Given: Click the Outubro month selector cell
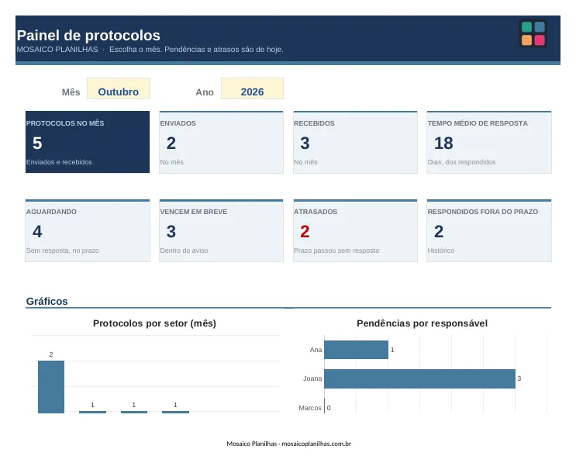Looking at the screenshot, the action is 119,88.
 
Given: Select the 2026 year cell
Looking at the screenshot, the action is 252,88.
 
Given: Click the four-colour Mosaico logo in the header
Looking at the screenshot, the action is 533,33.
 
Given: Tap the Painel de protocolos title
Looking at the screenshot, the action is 88,36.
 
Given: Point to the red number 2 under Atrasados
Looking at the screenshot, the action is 305,231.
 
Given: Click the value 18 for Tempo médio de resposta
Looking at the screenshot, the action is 443,143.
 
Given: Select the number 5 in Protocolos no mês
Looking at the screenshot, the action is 37,143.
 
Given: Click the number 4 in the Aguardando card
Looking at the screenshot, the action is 37,231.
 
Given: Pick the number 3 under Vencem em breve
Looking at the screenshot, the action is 171,231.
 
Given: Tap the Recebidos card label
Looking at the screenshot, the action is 314,123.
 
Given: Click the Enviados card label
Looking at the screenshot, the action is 178,123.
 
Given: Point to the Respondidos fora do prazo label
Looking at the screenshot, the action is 483,212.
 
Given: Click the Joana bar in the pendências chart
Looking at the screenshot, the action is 419,378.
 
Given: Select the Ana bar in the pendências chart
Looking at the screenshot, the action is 356,350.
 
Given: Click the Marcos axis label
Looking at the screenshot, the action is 310,408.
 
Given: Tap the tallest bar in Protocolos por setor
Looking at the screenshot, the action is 51,387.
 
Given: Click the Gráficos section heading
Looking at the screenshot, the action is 47,302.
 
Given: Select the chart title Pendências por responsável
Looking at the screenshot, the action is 422,323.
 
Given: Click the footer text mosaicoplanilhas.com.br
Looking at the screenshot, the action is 316,444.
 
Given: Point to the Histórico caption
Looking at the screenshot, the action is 441,251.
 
